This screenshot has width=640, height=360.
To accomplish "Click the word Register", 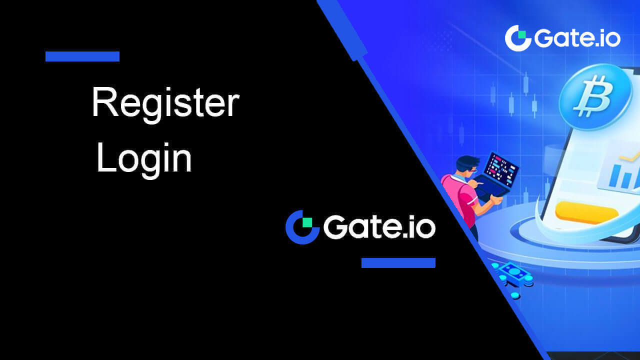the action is [165, 104].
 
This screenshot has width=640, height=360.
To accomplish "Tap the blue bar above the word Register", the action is [82, 56].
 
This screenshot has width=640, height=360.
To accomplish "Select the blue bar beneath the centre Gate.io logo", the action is [398, 263].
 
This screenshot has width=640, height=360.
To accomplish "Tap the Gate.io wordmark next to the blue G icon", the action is [379, 227].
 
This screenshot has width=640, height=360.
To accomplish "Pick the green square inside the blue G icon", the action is [307, 222].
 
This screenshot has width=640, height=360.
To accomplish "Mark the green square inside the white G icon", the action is [522, 34].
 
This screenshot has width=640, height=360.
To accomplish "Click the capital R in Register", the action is [105, 102].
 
